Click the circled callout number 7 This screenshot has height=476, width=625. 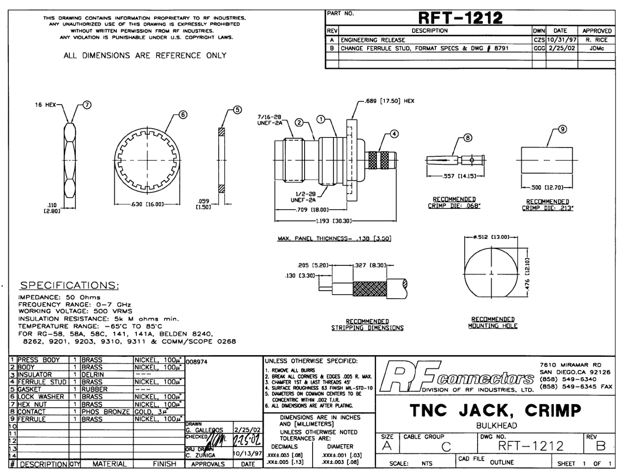[87, 105]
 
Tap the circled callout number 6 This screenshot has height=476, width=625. [183, 114]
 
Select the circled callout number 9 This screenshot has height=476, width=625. [562, 129]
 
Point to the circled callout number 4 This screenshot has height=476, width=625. [394, 134]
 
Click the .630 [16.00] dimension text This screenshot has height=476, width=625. [147, 204]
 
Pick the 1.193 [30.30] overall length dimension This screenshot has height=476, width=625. [333, 221]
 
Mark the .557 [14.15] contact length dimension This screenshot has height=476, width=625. [459, 176]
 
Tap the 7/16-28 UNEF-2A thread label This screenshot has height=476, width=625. [269, 120]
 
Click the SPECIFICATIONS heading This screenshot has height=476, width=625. [69, 285]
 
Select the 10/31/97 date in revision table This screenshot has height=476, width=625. [561, 40]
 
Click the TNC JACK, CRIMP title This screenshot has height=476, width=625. [495, 410]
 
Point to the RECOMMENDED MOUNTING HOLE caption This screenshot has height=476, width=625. [493, 322]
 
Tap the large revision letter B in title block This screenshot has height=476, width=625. [600, 446]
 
